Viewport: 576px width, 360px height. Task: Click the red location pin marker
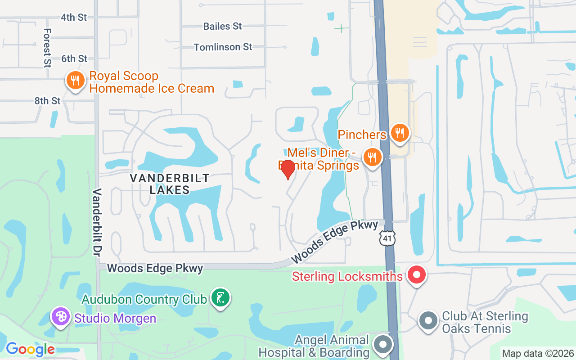coord(288,169)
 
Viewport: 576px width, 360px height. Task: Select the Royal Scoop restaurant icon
coord(75,81)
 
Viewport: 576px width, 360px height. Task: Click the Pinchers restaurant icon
coord(400,133)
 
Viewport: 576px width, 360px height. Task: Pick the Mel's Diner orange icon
coord(373,157)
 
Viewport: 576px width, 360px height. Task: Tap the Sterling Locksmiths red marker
coord(417,275)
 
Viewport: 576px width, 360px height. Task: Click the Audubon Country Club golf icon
coord(220,298)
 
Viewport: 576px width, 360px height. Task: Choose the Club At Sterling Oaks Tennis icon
coord(428,321)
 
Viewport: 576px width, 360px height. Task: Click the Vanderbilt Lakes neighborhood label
coord(170,184)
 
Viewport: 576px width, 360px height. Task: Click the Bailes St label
coord(222,26)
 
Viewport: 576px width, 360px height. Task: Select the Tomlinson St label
coord(223,47)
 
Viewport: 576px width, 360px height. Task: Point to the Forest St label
coord(47,48)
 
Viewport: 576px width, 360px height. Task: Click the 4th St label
coord(74,17)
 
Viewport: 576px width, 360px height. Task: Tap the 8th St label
coord(47,101)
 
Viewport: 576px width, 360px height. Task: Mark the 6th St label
coord(74,58)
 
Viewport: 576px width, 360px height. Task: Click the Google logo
coord(30,349)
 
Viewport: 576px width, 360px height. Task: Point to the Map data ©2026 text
coord(538,353)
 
